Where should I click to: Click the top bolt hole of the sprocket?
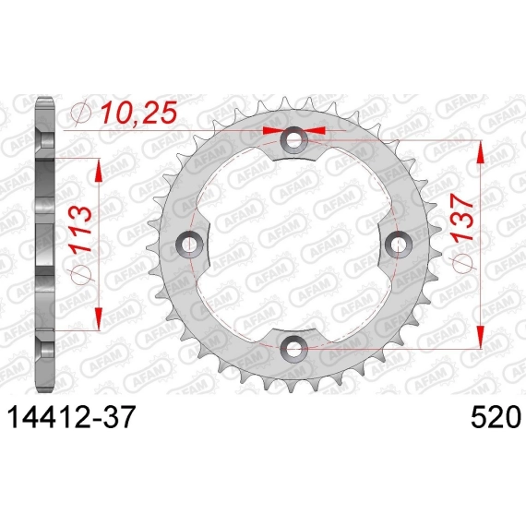point(293,139)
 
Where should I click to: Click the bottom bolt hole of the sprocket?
point(293,349)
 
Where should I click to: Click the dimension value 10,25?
point(138,113)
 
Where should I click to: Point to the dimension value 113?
point(80,230)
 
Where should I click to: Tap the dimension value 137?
point(462,219)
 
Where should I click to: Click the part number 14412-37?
point(71,417)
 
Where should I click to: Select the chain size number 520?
point(496,417)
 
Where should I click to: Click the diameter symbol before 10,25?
point(81,113)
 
